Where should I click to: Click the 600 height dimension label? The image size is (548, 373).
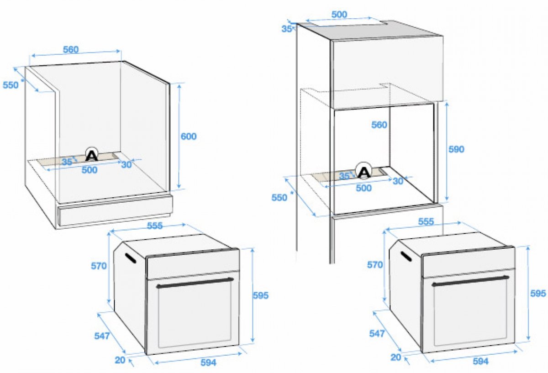coord(188,136)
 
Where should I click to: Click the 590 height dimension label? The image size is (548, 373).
coord(456,149)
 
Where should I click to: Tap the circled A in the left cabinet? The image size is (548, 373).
coord(92,155)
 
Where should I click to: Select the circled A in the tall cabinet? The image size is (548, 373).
coord(364,171)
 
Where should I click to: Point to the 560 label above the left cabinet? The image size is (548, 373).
coord(71,50)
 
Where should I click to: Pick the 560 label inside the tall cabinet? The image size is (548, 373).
coord(379,125)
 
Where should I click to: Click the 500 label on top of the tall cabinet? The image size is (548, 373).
coord(339,15)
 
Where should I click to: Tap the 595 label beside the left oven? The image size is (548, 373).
coord(261,295)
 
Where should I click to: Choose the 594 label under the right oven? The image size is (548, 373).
coord(481,361)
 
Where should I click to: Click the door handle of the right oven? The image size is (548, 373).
coord(470,280)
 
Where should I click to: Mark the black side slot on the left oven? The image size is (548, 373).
coord(131,258)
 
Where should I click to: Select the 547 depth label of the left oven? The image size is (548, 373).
coord(102,336)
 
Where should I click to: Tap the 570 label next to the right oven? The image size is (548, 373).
coord(375,265)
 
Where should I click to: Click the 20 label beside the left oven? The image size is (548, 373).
coord(120,360)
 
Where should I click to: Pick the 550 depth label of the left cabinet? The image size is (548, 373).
coord(11,85)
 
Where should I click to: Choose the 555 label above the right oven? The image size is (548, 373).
coord(426,221)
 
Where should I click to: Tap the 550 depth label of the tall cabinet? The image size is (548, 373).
coord(279,197)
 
